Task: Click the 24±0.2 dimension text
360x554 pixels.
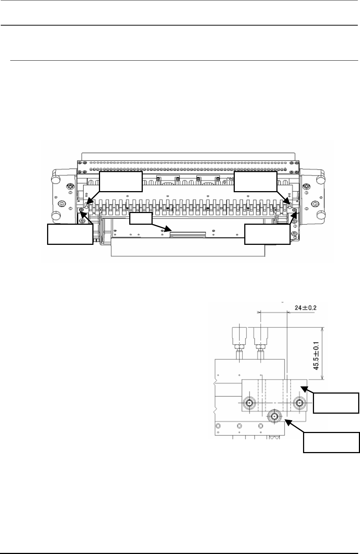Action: click(x=305, y=308)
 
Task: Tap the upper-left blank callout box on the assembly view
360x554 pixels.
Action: click(x=121, y=182)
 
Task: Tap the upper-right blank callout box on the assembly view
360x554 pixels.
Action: click(x=256, y=182)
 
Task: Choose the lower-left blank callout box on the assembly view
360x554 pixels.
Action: click(x=70, y=234)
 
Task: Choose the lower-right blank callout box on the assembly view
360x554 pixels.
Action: click(x=267, y=234)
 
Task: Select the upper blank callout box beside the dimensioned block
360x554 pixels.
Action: click(x=336, y=403)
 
